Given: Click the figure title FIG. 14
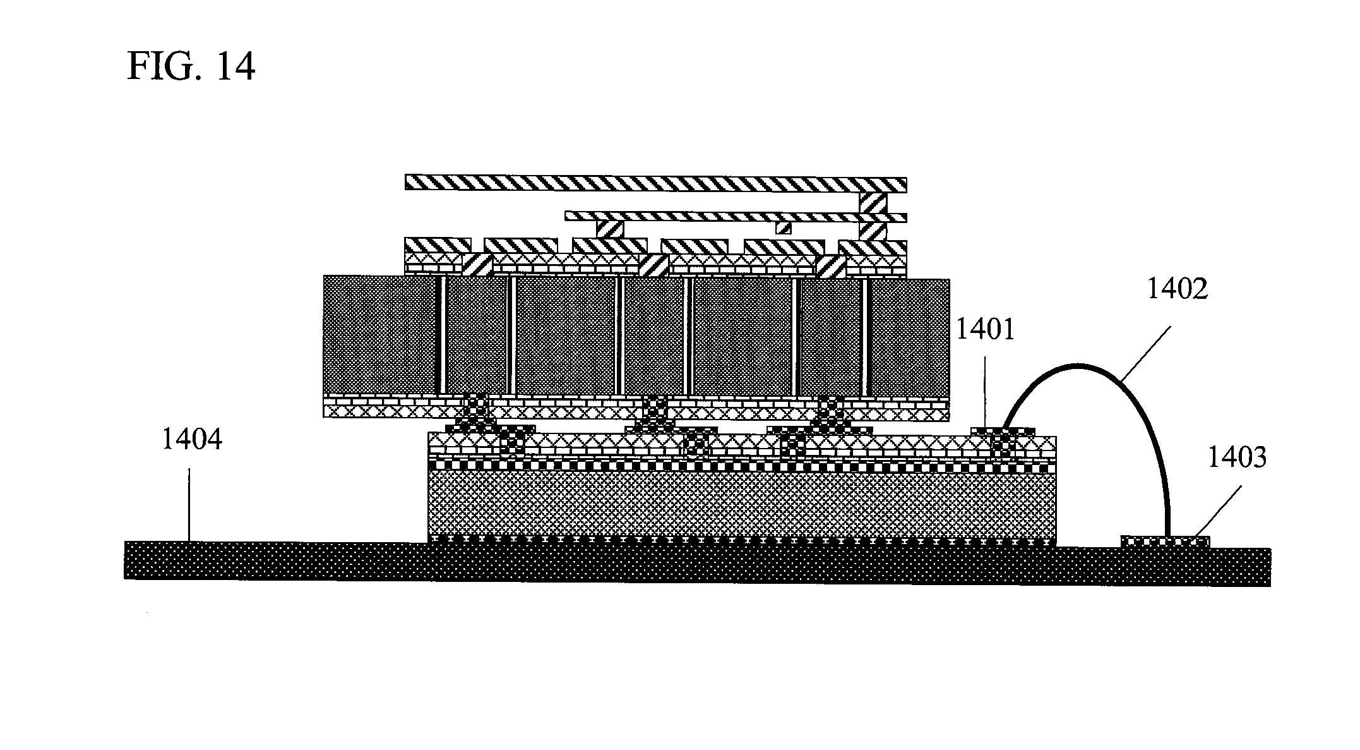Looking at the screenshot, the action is (x=191, y=66).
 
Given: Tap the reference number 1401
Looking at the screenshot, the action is (x=986, y=329).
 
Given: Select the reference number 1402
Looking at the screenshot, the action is (x=1177, y=289).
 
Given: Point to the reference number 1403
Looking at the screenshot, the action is (x=1237, y=457).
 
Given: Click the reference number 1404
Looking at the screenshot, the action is (x=192, y=439).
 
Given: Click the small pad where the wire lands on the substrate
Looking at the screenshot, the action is (x=1166, y=541).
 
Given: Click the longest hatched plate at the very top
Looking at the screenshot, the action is (x=656, y=183).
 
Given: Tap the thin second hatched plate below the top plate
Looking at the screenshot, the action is (x=736, y=216).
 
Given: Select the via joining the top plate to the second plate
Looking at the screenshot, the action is (x=873, y=202).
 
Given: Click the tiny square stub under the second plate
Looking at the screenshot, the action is (x=783, y=227).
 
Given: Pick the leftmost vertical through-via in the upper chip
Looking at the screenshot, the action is (x=444, y=336).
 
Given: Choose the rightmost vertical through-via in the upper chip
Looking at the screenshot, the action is (x=867, y=336).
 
